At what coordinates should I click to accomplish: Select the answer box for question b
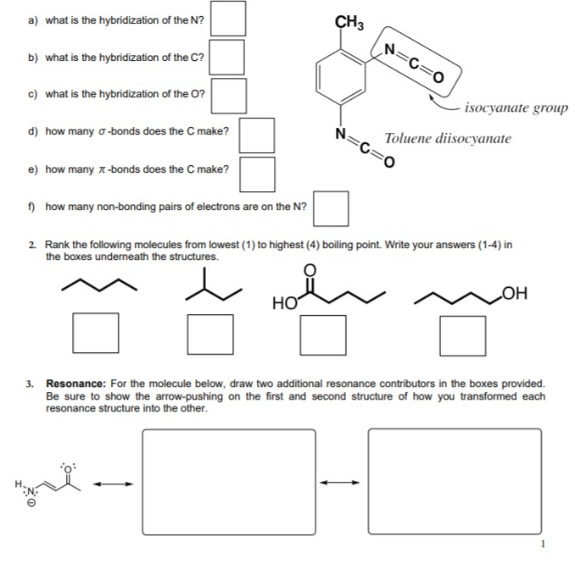[x=228, y=57]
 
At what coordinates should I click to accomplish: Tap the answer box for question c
[x=229, y=95]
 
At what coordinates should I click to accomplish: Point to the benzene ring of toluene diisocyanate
[x=343, y=77]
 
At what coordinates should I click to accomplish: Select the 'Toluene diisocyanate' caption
[x=448, y=138]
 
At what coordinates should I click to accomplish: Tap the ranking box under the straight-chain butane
[x=95, y=334]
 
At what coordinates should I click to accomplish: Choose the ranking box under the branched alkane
[x=210, y=334]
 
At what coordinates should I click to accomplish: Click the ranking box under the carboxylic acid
[x=323, y=334]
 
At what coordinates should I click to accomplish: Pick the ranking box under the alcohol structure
[x=462, y=334]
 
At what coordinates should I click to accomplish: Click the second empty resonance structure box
[x=455, y=483]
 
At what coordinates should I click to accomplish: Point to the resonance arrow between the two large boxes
[x=343, y=484]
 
